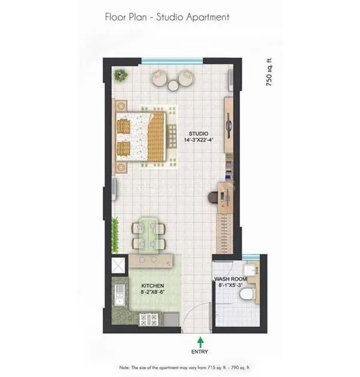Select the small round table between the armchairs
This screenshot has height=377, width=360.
[173, 86]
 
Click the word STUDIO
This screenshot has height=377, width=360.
[199, 133]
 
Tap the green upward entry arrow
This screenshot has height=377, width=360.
[199, 342]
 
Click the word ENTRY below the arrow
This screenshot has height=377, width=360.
[199, 352]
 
